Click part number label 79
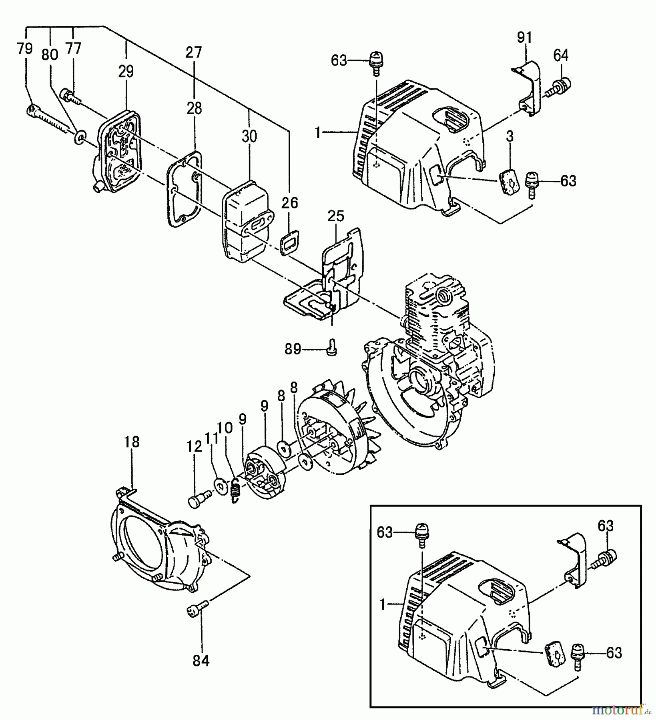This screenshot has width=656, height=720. point(25,50)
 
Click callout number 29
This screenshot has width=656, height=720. point(126,72)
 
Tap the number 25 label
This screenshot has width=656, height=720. point(335,216)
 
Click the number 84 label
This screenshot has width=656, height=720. point(201,662)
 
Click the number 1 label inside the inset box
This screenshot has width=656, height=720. point(383,605)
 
